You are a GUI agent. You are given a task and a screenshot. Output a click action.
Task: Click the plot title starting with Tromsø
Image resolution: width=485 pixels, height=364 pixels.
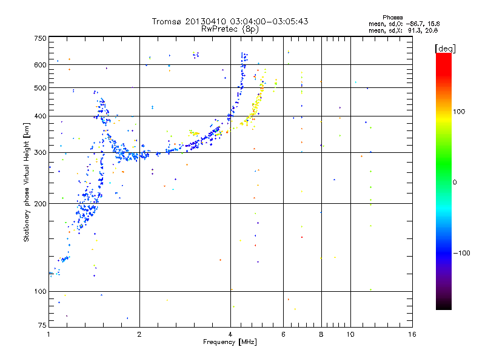(230, 21)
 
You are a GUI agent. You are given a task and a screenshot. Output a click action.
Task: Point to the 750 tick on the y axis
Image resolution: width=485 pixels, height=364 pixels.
(40, 38)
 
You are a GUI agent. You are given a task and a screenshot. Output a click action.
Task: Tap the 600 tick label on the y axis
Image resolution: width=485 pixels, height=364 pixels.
(40, 65)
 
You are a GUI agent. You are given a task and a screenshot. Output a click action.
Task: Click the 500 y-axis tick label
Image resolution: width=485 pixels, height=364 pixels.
(40, 88)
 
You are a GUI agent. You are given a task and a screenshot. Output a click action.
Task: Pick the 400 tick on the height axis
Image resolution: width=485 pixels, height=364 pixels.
(40, 116)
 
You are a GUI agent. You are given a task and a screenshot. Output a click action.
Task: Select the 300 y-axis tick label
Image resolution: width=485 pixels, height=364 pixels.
(40, 152)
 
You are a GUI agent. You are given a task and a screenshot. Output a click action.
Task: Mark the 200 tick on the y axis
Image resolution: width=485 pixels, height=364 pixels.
(40, 204)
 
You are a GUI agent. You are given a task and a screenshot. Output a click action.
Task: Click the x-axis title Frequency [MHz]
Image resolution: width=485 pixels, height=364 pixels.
(230, 342)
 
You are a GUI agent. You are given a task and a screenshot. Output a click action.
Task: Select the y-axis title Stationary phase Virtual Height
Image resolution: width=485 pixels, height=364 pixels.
(27, 182)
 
